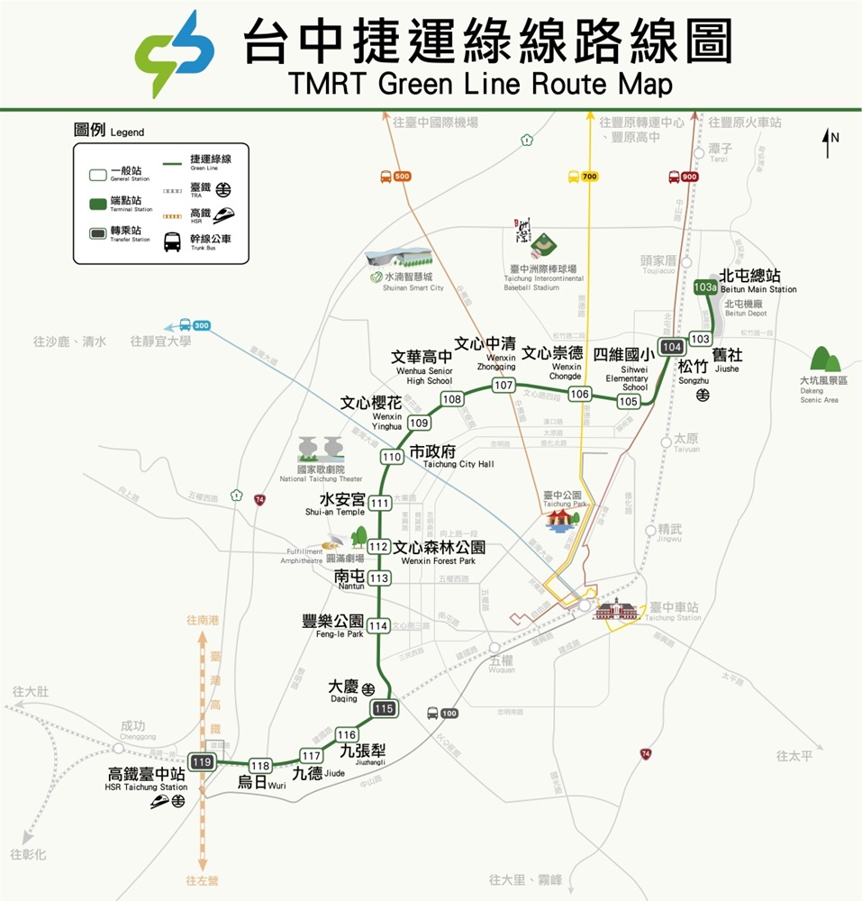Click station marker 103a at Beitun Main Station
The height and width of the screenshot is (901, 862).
click(x=706, y=287)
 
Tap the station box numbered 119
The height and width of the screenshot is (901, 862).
click(x=202, y=762)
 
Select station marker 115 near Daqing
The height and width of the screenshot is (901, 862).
click(x=385, y=708)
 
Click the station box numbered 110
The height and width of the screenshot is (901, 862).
click(x=392, y=457)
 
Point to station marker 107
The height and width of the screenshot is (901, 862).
click(x=504, y=386)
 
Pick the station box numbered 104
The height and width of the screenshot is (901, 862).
click(x=671, y=347)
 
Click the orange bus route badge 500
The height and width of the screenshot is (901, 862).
click(x=395, y=177)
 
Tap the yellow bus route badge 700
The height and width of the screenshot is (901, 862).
click(x=583, y=177)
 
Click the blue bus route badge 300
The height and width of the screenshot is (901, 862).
click(x=195, y=325)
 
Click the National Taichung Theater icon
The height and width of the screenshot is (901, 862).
click(x=320, y=450)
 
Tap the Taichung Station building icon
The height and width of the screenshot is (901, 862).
click(x=614, y=609)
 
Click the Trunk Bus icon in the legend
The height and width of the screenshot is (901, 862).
click(x=172, y=242)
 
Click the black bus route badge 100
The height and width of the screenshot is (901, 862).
click(x=442, y=713)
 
